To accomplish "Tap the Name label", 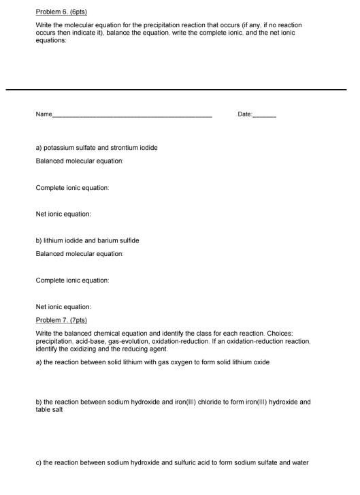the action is tap(43, 114).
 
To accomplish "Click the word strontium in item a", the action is tap(127, 148).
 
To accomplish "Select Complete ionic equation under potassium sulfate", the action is tap(71, 187).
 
